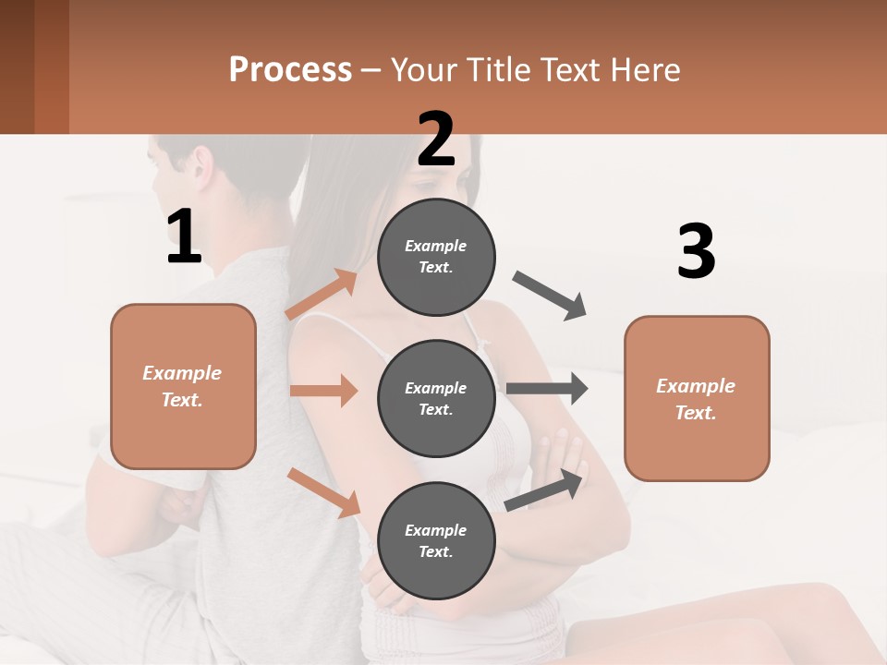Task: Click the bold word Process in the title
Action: point(290,70)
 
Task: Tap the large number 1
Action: point(184,236)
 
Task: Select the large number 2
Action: point(436,139)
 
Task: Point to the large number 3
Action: point(696,252)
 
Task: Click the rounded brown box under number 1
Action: point(183,386)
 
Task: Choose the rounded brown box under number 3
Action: point(697,398)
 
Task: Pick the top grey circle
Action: point(436,257)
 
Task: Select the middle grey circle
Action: point(436,398)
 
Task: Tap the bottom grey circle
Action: point(436,540)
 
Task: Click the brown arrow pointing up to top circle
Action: point(322,295)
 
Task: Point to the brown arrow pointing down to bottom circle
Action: point(323,492)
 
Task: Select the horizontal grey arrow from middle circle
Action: point(546,389)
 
